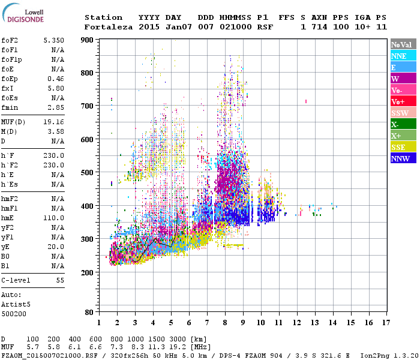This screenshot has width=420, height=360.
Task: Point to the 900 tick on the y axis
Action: pyautogui.click(x=87, y=40)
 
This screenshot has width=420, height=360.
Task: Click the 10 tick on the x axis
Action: pyautogui.click(x=261, y=323)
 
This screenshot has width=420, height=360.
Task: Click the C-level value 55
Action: pyautogui.click(x=60, y=280)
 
